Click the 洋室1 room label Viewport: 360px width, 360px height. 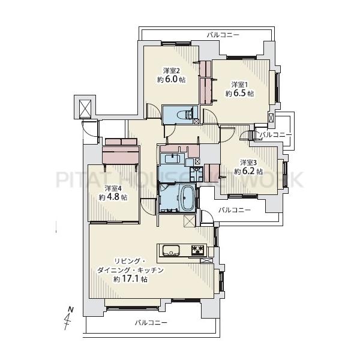(x=239, y=85)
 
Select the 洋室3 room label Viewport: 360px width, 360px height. (x=248, y=163)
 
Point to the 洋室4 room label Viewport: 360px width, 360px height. (x=113, y=188)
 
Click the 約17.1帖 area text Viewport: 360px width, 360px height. (x=130, y=279)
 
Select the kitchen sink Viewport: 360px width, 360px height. (x=171, y=250)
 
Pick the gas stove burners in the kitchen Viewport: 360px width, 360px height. (x=197, y=250)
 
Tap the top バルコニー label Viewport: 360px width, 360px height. (x=223, y=35)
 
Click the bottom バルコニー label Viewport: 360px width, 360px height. (x=151, y=323)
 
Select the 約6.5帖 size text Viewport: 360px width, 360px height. (x=239, y=94)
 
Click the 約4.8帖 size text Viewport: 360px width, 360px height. (x=113, y=197)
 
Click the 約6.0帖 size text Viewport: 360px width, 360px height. (x=171, y=79)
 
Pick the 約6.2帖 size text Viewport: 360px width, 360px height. (x=248, y=172)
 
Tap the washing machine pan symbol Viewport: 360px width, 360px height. (x=197, y=174)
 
